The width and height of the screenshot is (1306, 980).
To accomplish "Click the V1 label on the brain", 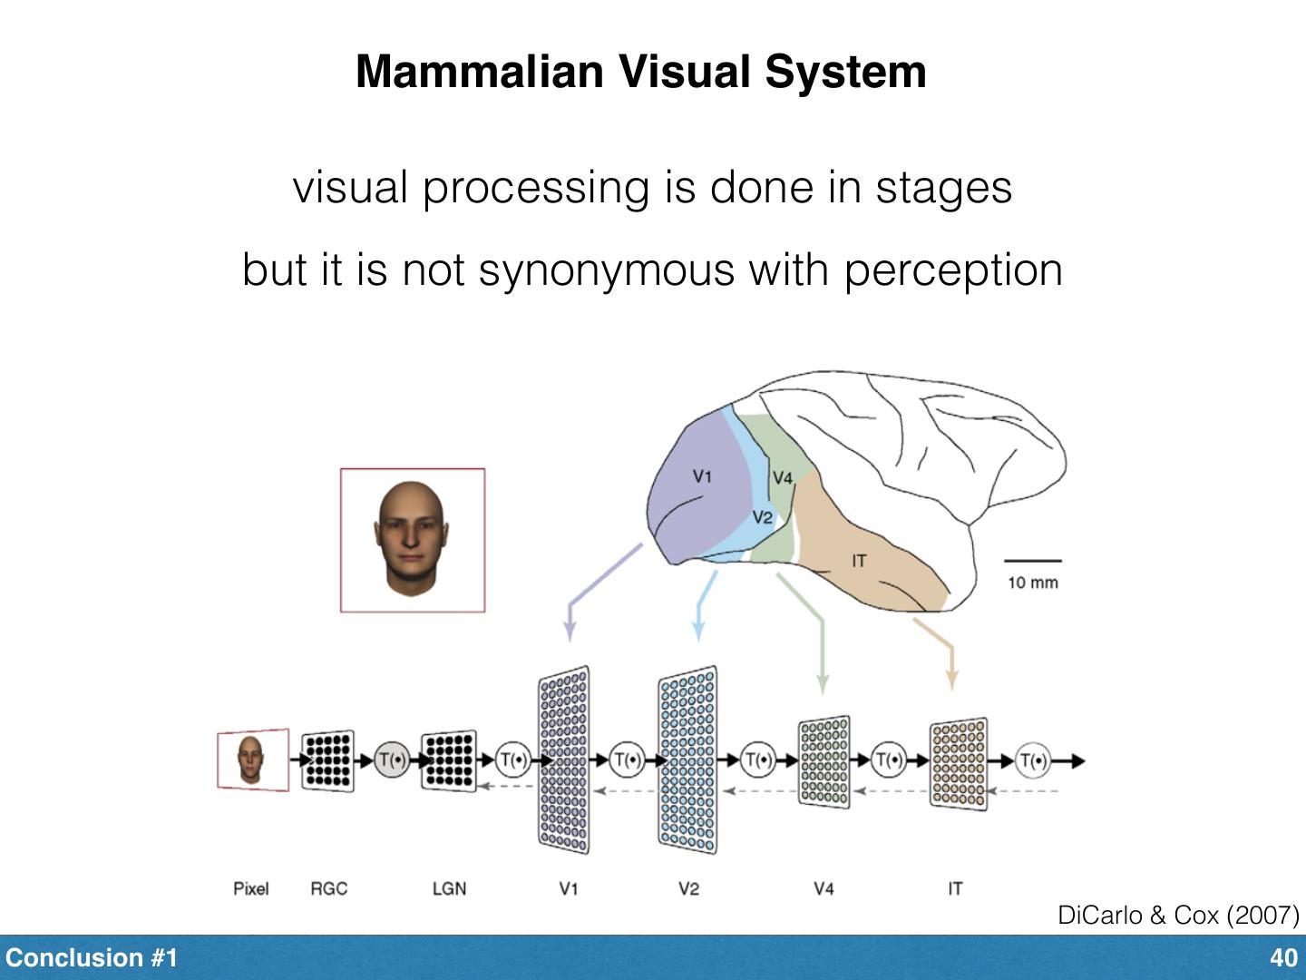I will (702, 475).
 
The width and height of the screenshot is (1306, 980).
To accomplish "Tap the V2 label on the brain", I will (763, 517).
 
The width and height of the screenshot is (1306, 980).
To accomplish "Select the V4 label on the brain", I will (782, 478).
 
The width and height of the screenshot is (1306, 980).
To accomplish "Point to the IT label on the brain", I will (858, 561).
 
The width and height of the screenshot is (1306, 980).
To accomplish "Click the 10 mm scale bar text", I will (1032, 583).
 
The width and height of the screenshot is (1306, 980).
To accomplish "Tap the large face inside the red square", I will (411, 539).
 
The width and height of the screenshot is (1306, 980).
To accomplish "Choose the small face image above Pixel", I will (251, 759).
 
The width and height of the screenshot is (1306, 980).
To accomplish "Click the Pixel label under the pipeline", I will (250, 888).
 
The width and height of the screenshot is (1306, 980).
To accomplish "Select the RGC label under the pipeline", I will (328, 888).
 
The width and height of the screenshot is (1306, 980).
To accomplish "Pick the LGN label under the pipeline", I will (449, 888).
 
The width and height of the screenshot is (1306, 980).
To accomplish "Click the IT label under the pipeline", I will (954, 888).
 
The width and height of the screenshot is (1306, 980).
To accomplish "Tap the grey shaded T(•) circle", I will (392, 760).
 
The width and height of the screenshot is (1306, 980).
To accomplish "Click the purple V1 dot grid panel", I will (563, 760).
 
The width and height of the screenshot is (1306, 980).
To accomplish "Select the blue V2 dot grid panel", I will (687, 760).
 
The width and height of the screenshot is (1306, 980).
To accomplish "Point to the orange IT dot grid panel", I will (958, 763).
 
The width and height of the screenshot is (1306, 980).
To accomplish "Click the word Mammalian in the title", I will (479, 72).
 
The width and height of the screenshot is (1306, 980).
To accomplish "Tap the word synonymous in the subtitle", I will (605, 269).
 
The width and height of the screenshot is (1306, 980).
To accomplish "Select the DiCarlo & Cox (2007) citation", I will (1177, 915).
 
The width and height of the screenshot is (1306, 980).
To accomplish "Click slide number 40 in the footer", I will (1283, 958).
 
